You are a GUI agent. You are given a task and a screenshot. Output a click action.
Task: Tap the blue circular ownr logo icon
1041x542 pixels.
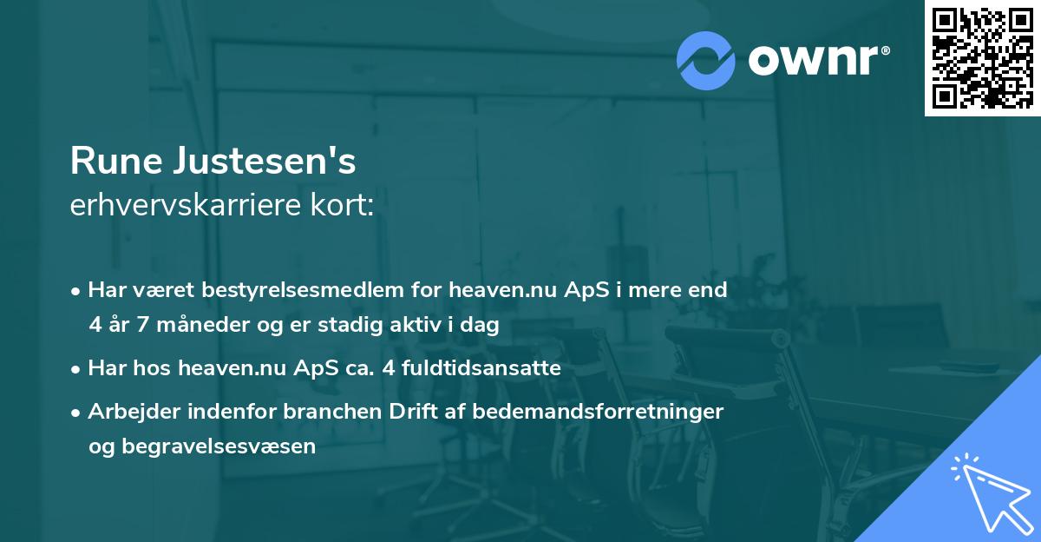(x=706, y=59)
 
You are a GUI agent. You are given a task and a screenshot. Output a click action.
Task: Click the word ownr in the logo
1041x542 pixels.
(x=817, y=59)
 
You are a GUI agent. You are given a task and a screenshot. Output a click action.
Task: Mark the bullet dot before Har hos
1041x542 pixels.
(x=76, y=368)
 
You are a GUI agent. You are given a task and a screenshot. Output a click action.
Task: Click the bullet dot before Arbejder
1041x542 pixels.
(x=76, y=412)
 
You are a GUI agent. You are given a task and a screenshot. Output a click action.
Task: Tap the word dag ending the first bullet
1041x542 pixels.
(x=481, y=325)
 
